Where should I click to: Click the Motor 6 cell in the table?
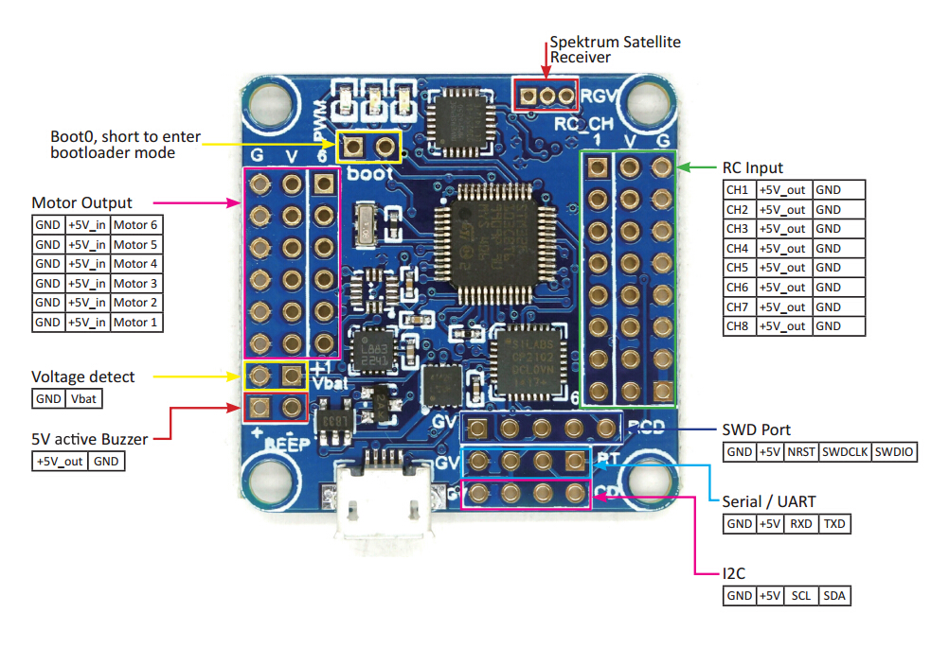point(135,225)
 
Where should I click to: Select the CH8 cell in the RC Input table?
point(738,326)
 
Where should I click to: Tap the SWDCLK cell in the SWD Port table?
point(846,452)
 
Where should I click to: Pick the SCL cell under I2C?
point(801,596)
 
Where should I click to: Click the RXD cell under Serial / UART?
point(801,523)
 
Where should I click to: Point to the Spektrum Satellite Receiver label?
point(616,49)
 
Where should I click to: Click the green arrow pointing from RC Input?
point(698,168)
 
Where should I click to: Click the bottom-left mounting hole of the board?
point(268,480)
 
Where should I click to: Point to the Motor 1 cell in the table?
point(135,323)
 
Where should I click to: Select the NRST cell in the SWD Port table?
point(802,452)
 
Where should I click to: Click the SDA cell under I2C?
point(833,596)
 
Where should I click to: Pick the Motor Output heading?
point(82,202)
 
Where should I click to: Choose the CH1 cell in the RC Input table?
point(738,189)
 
